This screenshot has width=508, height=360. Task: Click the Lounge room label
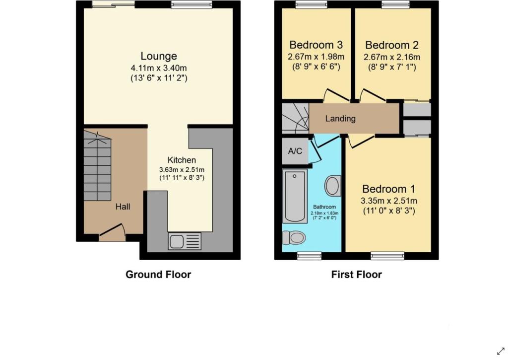[159, 56]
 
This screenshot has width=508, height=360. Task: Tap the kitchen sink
[185, 241]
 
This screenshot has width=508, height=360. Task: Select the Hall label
[123, 207]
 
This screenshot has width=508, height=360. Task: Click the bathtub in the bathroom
[295, 196]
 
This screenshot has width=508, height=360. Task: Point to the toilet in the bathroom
[294, 238]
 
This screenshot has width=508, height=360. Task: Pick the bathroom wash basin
[333, 186]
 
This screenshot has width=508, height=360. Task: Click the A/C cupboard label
[295, 151]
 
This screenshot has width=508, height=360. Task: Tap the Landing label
[340, 118]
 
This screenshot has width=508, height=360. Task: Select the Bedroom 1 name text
[388, 189]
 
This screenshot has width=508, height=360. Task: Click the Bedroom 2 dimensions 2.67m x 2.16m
[392, 58]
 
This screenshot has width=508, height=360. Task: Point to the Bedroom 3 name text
[316, 44]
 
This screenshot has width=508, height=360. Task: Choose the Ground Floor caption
[158, 275]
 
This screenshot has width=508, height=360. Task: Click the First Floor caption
[356, 275]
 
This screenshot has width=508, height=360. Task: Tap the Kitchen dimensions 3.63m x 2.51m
[182, 170]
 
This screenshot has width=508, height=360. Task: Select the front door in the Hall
[112, 232]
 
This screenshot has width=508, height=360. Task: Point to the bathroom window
[310, 256]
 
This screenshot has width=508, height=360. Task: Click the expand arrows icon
[501, 351]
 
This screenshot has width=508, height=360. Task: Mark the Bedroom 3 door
[336, 94]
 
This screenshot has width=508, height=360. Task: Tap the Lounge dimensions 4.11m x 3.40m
[159, 69]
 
